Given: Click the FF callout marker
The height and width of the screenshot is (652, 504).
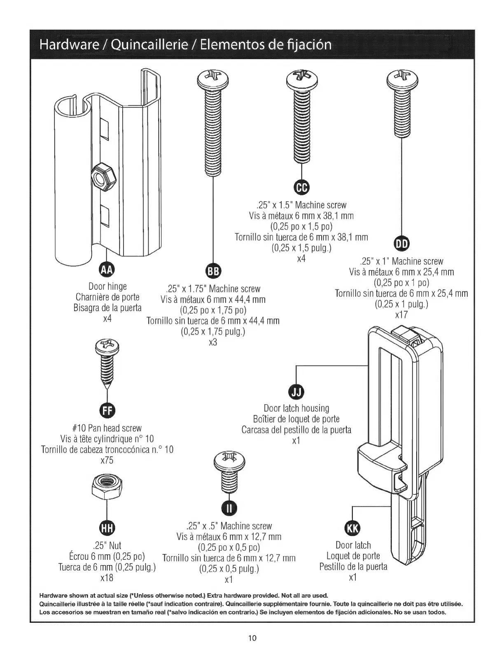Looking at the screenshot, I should [x=107, y=410].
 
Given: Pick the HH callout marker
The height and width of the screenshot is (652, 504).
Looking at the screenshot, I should [x=106, y=528].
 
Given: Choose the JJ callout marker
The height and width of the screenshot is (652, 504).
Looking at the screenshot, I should [x=296, y=391].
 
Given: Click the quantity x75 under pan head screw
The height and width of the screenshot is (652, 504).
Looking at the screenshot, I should [x=107, y=460].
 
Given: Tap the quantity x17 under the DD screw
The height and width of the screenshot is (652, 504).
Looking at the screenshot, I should [x=401, y=315].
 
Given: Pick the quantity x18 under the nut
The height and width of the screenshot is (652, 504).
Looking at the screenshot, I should [x=107, y=578].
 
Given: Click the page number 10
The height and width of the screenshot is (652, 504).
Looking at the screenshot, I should [x=252, y=638].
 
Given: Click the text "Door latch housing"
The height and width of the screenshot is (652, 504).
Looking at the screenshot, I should [x=296, y=408].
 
